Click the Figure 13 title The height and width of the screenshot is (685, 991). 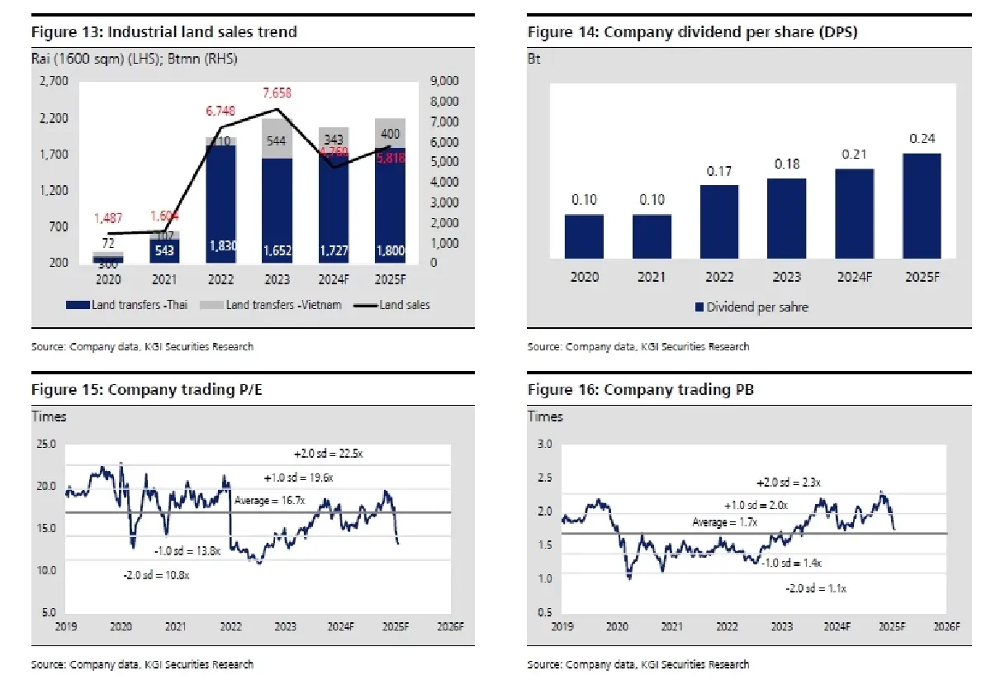pyautogui.click(x=164, y=32)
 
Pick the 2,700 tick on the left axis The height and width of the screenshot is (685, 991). pyautogui.click(x=54, y=81)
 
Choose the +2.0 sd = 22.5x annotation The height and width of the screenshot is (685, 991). pyautogui.click(x=328, y=453)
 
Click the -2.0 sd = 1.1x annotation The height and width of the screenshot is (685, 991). pyautogui.click(x=815, y=588)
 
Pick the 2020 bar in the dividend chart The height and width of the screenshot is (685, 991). pyautogui.click(x=585, y=236)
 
